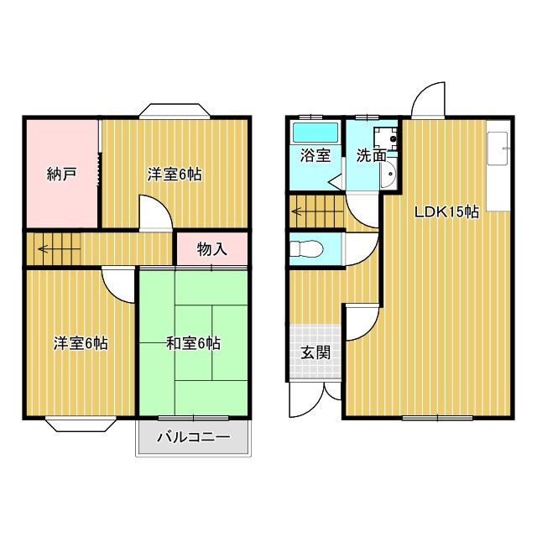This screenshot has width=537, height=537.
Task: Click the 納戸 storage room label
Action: (61, 175)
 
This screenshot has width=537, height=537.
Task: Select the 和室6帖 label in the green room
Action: (193, 342)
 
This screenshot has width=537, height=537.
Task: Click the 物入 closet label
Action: (211, 249)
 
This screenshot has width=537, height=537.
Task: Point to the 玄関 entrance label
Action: (315, 352)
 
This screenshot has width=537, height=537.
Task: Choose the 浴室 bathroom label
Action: (315, 155)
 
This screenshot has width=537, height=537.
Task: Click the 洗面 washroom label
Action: (370, 155)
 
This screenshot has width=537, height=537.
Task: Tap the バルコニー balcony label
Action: (193, 436)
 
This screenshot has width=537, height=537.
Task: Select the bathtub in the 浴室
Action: (315, 132)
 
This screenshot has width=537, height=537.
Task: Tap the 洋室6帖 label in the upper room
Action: (175, 175)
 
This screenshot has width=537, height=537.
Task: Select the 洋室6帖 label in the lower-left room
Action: (81, 342)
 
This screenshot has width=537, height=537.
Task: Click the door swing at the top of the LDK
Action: (429, 101)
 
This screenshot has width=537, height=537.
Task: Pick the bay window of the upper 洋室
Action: (175, 110)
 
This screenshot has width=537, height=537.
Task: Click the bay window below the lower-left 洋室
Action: (81, 425)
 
